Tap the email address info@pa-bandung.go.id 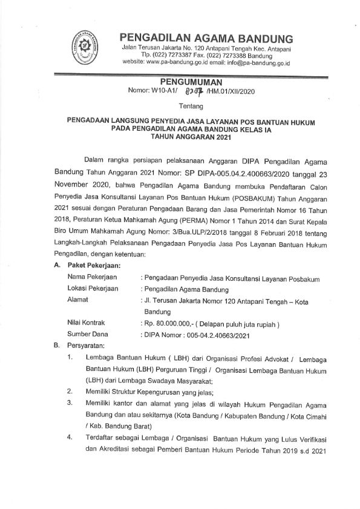pyautogui.click(x=259, y=62)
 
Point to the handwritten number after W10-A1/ pyautogui.click(x=192, y=91)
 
